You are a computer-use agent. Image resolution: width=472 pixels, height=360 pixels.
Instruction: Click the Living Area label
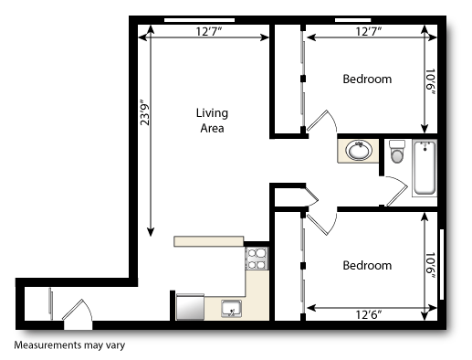click(x=212, y=121)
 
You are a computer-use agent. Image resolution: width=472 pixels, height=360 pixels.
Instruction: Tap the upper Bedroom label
click(x=367, y=79)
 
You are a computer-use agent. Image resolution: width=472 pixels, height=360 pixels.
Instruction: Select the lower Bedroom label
click(x=367, y=266)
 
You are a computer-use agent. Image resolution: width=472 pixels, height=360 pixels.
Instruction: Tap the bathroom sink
click(x=357, y=150)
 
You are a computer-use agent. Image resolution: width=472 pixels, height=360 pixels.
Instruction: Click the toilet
click(x=396, y=153)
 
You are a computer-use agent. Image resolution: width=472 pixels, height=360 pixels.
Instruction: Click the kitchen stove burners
click(x=257, y=259)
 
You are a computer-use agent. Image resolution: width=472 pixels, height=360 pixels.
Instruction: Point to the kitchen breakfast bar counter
click(x=209, y=241)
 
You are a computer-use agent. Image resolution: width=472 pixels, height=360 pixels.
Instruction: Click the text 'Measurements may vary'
click(x=68, y=346)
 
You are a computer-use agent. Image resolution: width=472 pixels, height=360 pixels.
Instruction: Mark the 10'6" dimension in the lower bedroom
click(x=430, y=265)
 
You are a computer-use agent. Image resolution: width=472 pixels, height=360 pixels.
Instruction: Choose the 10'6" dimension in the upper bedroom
click(x=430, y=79)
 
